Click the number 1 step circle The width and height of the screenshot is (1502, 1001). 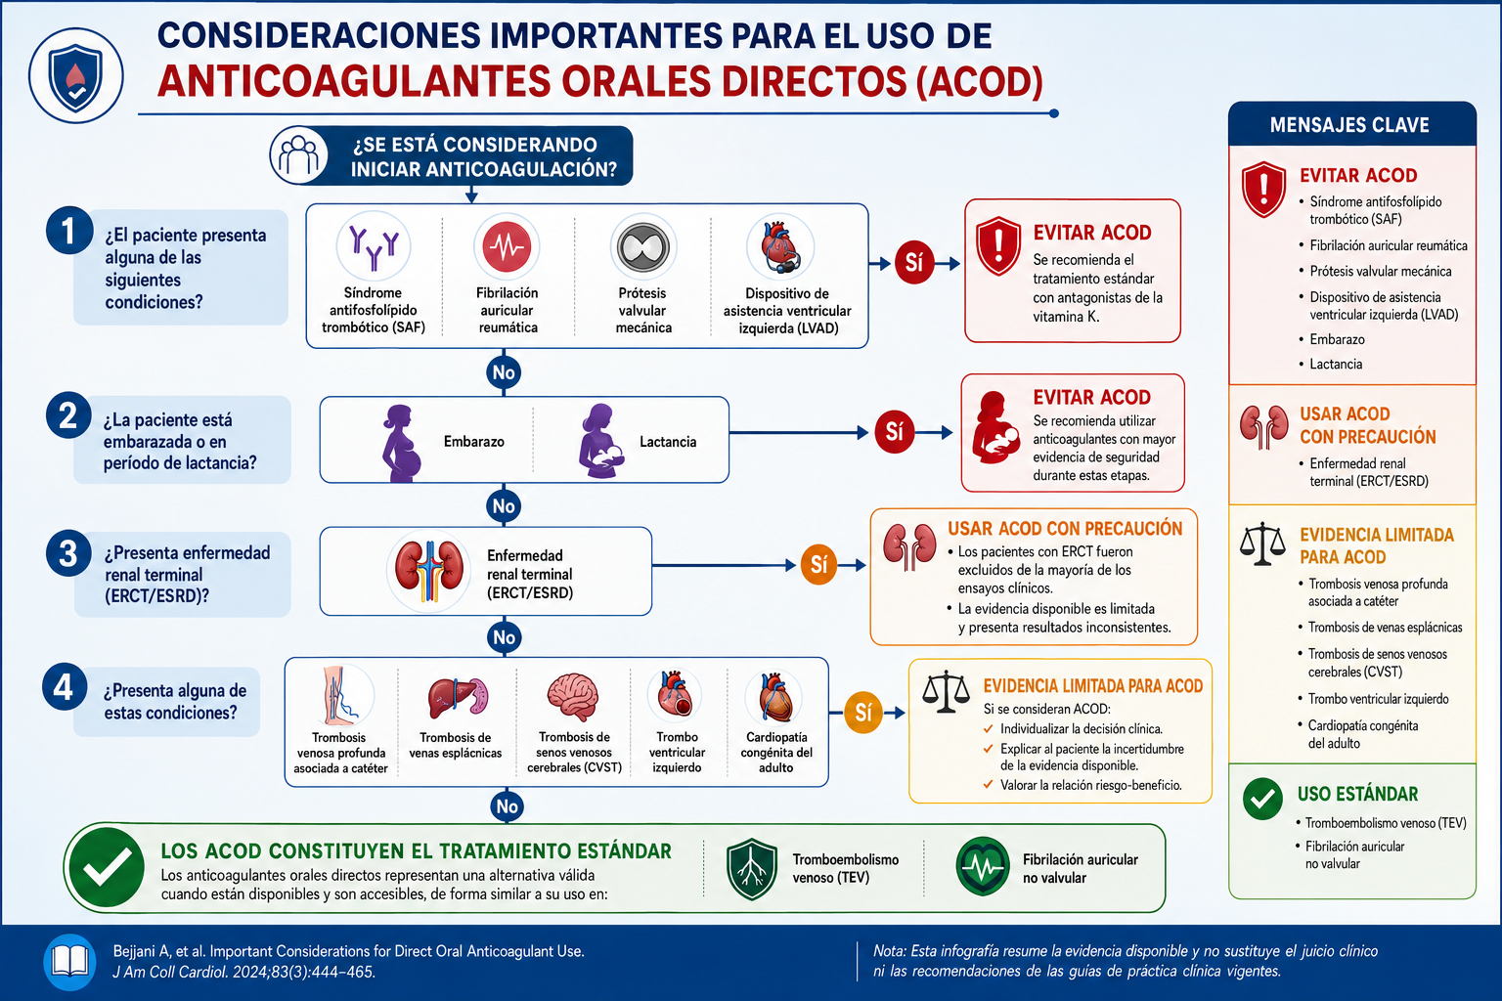69,231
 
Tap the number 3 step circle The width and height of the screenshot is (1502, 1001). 68,554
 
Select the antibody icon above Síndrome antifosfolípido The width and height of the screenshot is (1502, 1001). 374,246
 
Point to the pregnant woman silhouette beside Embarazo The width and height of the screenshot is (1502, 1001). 402,443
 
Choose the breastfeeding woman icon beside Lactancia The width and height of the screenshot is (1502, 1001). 600,441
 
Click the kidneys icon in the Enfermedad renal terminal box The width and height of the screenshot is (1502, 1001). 429,570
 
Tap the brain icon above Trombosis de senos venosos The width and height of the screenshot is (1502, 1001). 573,697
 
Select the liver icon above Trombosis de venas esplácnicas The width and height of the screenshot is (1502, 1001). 458,697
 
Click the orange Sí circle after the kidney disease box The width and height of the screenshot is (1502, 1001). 818,565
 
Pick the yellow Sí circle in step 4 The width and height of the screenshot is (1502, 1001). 863,712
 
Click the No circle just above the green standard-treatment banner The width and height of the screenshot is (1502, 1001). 507,805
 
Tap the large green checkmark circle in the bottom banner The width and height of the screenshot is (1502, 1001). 106,867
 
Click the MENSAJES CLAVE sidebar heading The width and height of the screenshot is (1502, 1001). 1349,125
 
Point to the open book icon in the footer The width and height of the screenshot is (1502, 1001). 69,962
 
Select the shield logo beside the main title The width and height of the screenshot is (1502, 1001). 75,76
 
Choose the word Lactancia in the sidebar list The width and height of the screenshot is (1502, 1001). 1336,364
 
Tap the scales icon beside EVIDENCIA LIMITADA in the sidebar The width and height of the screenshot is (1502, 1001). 1262,544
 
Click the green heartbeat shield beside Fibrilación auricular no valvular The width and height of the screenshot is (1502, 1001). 983,866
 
